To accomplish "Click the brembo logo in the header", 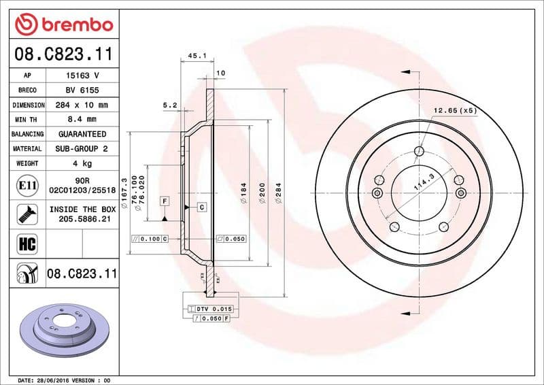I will (x=64, y=25).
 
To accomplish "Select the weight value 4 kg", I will (x=82, y=163).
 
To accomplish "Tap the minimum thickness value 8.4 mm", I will (x=82, y=120).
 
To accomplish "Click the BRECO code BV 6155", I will (x=82, y=90).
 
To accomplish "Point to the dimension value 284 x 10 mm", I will (x=82, y=105).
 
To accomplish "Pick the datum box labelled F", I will (x=165, y=201).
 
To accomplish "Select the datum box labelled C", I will (x=202, y=206).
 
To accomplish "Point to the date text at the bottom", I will (x=63, y=380).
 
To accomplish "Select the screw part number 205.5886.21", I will (x=82, y=218).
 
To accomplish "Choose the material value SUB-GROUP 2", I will (x=82, y=148).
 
